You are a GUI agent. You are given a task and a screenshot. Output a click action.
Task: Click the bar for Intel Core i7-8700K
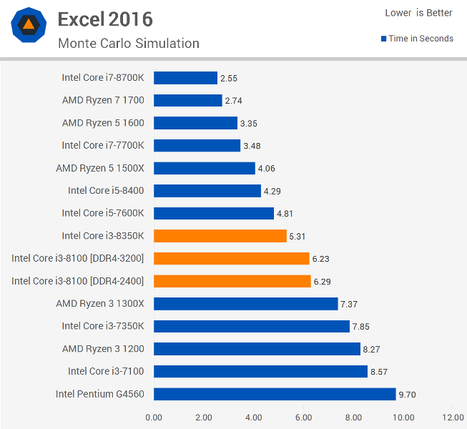click(185, 78)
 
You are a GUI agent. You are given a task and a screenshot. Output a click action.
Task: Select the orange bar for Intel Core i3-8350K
click(220, 236)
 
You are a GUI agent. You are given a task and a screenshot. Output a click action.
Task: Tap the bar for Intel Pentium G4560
click(275, 394)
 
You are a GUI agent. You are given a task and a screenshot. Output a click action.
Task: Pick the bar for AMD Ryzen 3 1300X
click(246, 304)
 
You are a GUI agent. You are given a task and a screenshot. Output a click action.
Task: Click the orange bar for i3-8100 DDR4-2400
click(232, 281)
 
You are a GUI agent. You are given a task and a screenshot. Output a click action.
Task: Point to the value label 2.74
click(233, 101)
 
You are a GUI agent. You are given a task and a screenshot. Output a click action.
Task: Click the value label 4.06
click(267, 169)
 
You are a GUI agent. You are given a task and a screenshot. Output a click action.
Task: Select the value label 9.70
click(407, 395)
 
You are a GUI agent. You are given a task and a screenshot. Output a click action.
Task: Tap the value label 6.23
click(321, 259)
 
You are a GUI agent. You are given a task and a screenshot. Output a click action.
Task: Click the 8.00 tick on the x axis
click(353, 418)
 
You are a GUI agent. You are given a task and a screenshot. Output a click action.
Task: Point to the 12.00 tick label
click(453, 418)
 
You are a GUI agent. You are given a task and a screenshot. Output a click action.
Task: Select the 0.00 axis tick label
click(154, 418)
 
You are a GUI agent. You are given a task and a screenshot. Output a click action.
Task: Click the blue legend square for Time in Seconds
click(384, 39)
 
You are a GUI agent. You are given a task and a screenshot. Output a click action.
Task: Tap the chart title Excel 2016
click(105, 19)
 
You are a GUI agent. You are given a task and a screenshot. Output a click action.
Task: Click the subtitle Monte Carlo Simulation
click(129, 44)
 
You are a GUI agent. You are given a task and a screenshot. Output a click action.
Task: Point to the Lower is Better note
click(419, 13)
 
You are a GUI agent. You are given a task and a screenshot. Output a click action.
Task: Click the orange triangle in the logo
click(29, 24)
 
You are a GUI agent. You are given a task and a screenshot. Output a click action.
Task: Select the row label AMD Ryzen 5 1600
click(103, 123)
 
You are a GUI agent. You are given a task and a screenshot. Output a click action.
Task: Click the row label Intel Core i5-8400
click(106, 190)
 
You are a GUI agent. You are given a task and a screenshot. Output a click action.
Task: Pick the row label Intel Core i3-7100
click(106, 371)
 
